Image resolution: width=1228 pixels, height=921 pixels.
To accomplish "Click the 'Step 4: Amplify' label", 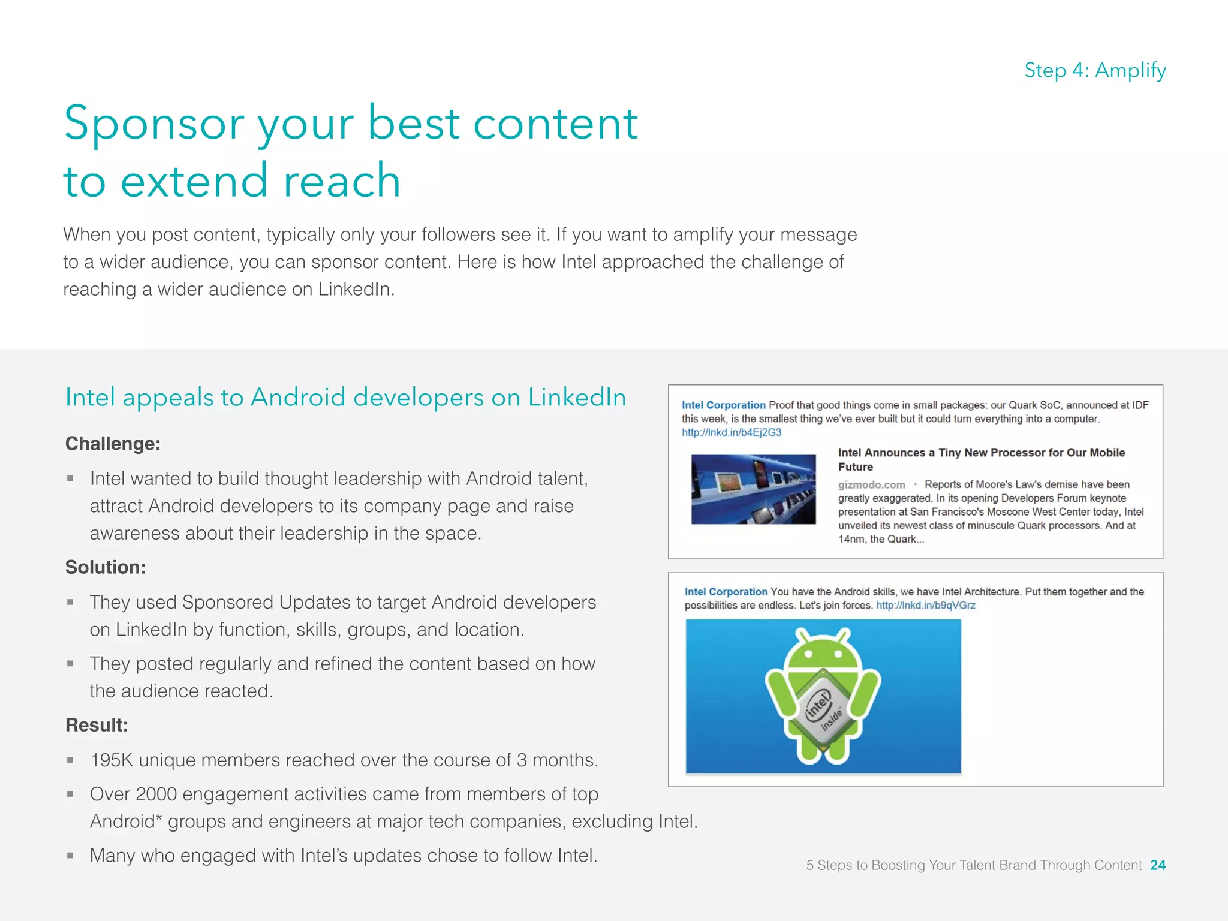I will tap(1095, 70).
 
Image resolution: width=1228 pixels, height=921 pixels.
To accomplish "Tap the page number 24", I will tap(1158, 865).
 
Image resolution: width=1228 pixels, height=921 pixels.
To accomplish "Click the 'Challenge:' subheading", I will tap(113, 443).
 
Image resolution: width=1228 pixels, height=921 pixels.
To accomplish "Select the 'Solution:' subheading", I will tap(106, 567).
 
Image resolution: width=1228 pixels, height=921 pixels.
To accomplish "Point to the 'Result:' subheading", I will tap(97, 724).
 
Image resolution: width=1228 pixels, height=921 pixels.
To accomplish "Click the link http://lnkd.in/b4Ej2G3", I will tap(731, 432).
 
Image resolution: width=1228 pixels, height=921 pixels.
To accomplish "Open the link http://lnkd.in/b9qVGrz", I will tap(925, 605).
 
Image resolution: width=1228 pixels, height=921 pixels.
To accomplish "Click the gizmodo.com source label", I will tap(871, 484).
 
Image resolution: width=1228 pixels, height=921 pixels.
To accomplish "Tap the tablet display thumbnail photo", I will tap(753, 489).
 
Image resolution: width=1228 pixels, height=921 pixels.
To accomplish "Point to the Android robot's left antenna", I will tap(800, 635).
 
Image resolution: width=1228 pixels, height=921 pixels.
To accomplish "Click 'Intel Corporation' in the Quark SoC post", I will tap(723, 405).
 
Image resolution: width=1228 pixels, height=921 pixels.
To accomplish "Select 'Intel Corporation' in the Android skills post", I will tap(726, 592).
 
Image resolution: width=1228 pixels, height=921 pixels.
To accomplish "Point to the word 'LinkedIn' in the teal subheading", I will tap(577, 398).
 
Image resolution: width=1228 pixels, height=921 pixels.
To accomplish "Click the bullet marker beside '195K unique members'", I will tap(70, 760).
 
